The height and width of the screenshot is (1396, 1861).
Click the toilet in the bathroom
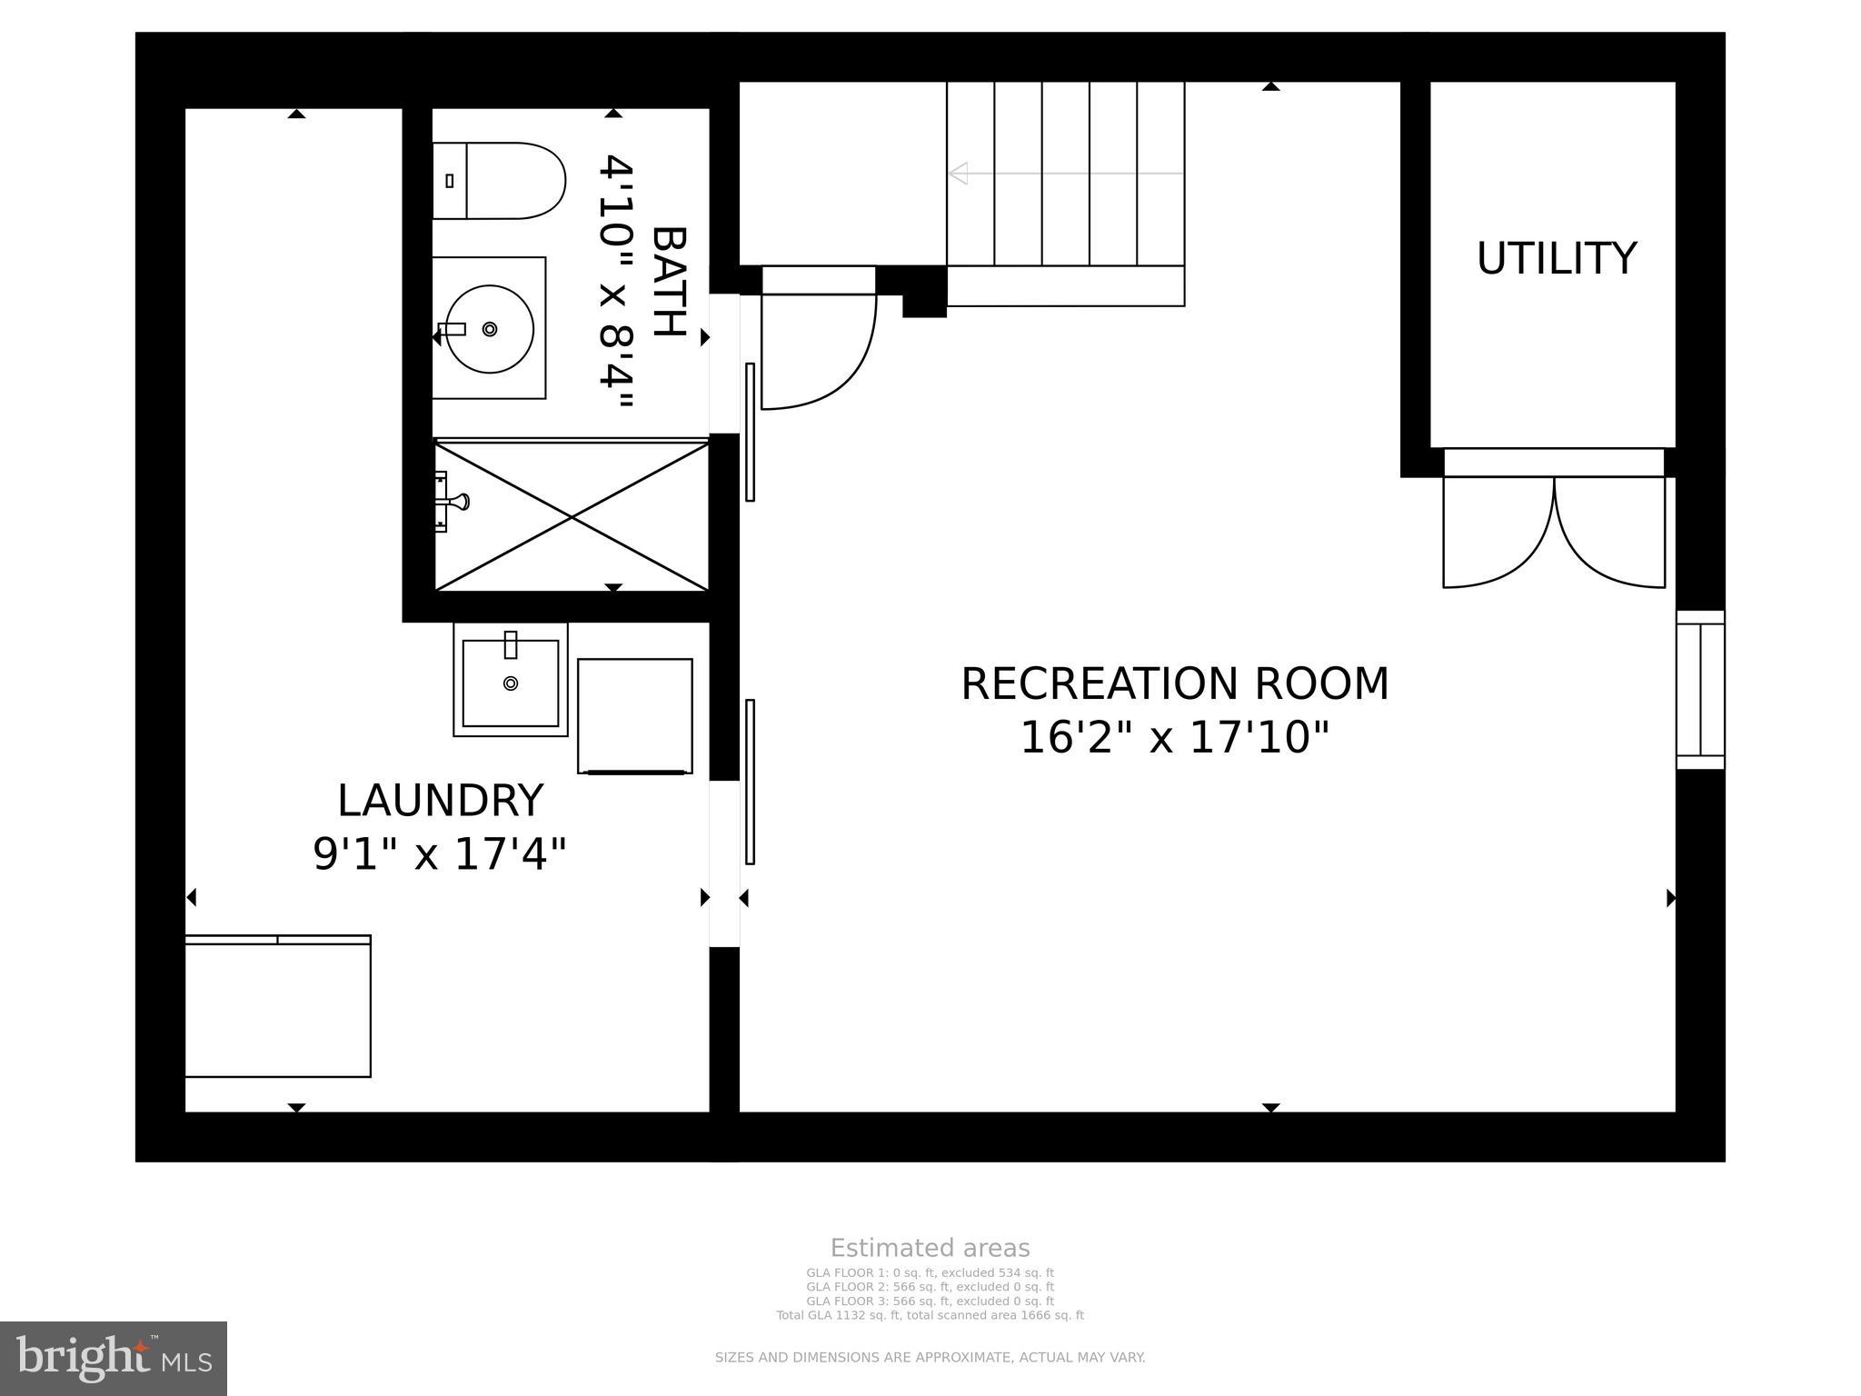pos(498,180)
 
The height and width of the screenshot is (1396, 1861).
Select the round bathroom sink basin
pos(490,328)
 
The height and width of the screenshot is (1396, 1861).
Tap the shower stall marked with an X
pos(572,516)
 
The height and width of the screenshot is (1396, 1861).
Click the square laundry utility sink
pos(511,682)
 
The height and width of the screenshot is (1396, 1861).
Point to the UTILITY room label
pos(1556,259)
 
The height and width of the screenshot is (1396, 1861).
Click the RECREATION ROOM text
pos(1174,684)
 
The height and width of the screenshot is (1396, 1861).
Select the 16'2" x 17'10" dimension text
pos(1174,738)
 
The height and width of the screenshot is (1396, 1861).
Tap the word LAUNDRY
pos(440,801)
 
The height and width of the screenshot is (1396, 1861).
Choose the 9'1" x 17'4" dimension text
pos(440,854)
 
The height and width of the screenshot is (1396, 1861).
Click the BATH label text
pos(670,282)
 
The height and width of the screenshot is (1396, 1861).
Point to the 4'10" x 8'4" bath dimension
pos(615,282)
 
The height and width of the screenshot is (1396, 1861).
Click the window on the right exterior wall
pos(1700,690)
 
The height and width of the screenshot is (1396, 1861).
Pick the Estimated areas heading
pos(930,1248)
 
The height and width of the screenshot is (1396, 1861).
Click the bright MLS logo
pos(113,1358)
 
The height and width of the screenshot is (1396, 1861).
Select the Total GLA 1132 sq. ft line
pos(930,1315)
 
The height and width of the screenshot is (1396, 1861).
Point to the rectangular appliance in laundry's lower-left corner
pos(278,1006)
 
